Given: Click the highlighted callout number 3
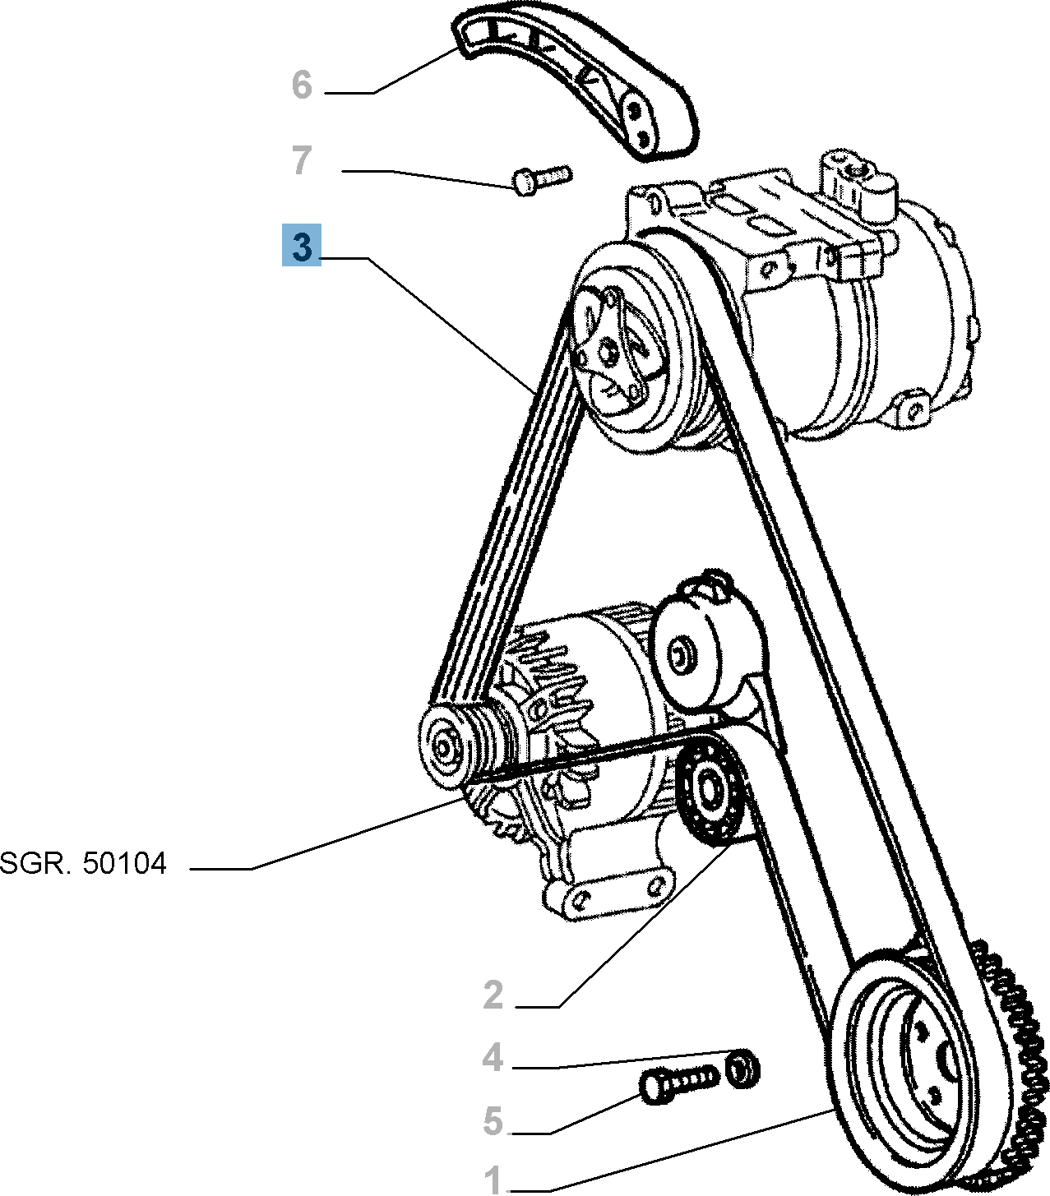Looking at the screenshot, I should [x=301, y=246].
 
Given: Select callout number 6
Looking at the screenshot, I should [x=302, y=85].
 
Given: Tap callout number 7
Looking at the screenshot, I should [x=302, y=161].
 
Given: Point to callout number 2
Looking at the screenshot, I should [x=493, y=995].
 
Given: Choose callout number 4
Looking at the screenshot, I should [x=493, y=1057].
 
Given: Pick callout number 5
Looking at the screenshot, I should [x=493, y=1120].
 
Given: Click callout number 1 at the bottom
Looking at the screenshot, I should [x=493, y=1180].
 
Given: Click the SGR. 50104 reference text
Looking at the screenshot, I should [x=83, y=864].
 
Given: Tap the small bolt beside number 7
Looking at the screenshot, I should [x=540, y=178].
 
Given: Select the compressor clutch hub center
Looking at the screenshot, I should [x=610, y=353].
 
